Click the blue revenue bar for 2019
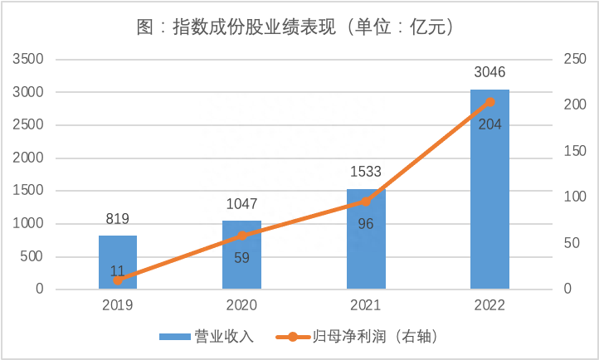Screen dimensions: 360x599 pyautogui.click(x=118, y=262)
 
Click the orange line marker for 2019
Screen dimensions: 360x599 pyautogui.click(x=118, y=280)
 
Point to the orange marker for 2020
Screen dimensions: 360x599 pyautogui.click(x=241, y=236)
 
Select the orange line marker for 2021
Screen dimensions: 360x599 pyautogui.click(x=366, y=201)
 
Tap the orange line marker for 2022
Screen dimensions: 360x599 pyautogui.click(x=489, y=102)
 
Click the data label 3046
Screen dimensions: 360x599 pyautogui.click(x=489, y=72)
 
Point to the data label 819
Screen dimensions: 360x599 pyautogui.click(x=118, y=219)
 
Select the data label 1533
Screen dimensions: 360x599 pyautogui.click(x=366, y=172)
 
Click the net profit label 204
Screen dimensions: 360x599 pyautogui.click(x=489, y=124)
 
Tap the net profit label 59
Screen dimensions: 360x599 pyautogui.click(x=241, y=257)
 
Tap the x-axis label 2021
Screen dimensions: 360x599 pyautogui.click(x=366, y=304)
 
